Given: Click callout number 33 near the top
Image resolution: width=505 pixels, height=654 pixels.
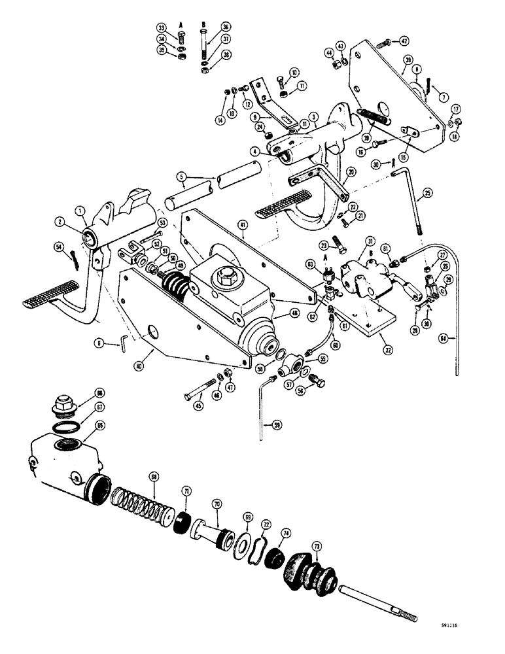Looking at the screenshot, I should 161,27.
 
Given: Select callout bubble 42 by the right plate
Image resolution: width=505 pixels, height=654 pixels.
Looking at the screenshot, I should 406,41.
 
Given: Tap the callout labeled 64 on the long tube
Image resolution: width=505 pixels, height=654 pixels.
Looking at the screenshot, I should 445,338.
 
